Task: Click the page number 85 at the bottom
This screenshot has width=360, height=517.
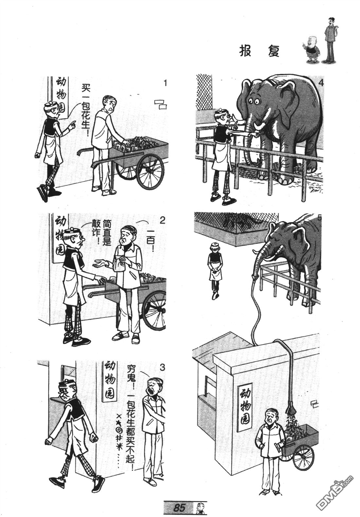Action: click(179, 508)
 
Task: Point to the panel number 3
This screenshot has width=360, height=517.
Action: click(162, 367)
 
